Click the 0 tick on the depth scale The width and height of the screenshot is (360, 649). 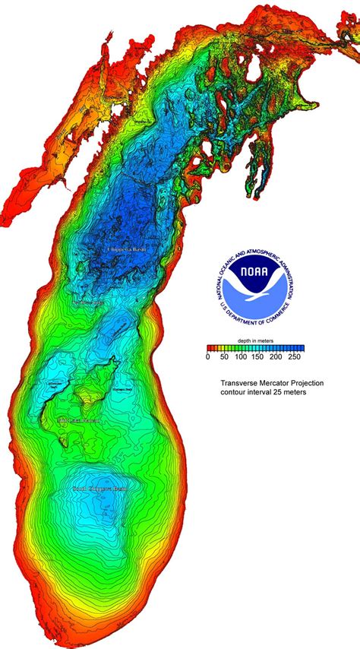click(207, 356)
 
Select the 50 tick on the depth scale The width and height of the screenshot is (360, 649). click(224, 356)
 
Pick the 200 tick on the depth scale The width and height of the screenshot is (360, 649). click(276, 356)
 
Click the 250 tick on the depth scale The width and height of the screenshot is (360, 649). click(293, 356)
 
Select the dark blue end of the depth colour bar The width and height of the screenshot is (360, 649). click(298, 347)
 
